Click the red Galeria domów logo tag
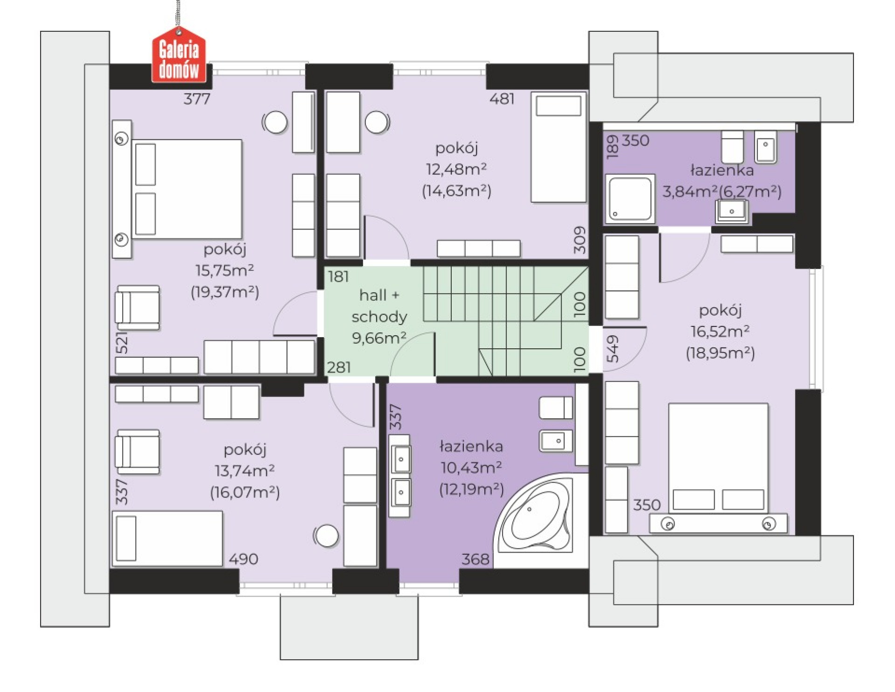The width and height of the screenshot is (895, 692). (x=179, y=55)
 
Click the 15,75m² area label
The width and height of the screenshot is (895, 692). (x=225, y=270)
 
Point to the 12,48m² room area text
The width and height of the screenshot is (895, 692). (x=456, y=169)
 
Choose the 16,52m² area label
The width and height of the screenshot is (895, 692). (x=720, y=332)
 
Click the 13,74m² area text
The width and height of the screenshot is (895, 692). (x=245, y=471)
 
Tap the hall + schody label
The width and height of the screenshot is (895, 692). (x=379, y=306)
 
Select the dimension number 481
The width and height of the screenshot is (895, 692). (x=502, y=99)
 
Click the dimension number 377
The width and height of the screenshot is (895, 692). (x=197, y=99)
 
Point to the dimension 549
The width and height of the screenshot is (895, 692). (x=613, y=349)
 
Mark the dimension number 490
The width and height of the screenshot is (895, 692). (x=243, y=559)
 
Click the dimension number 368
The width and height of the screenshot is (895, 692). (x=475, y=559)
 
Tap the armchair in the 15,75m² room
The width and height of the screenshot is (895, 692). (x=138, y=308)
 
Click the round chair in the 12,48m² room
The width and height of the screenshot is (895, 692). (x=377, y=122)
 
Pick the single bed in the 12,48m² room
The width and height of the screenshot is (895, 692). (x=559, y=147)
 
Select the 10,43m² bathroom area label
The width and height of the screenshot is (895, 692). (x=471, y=467)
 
